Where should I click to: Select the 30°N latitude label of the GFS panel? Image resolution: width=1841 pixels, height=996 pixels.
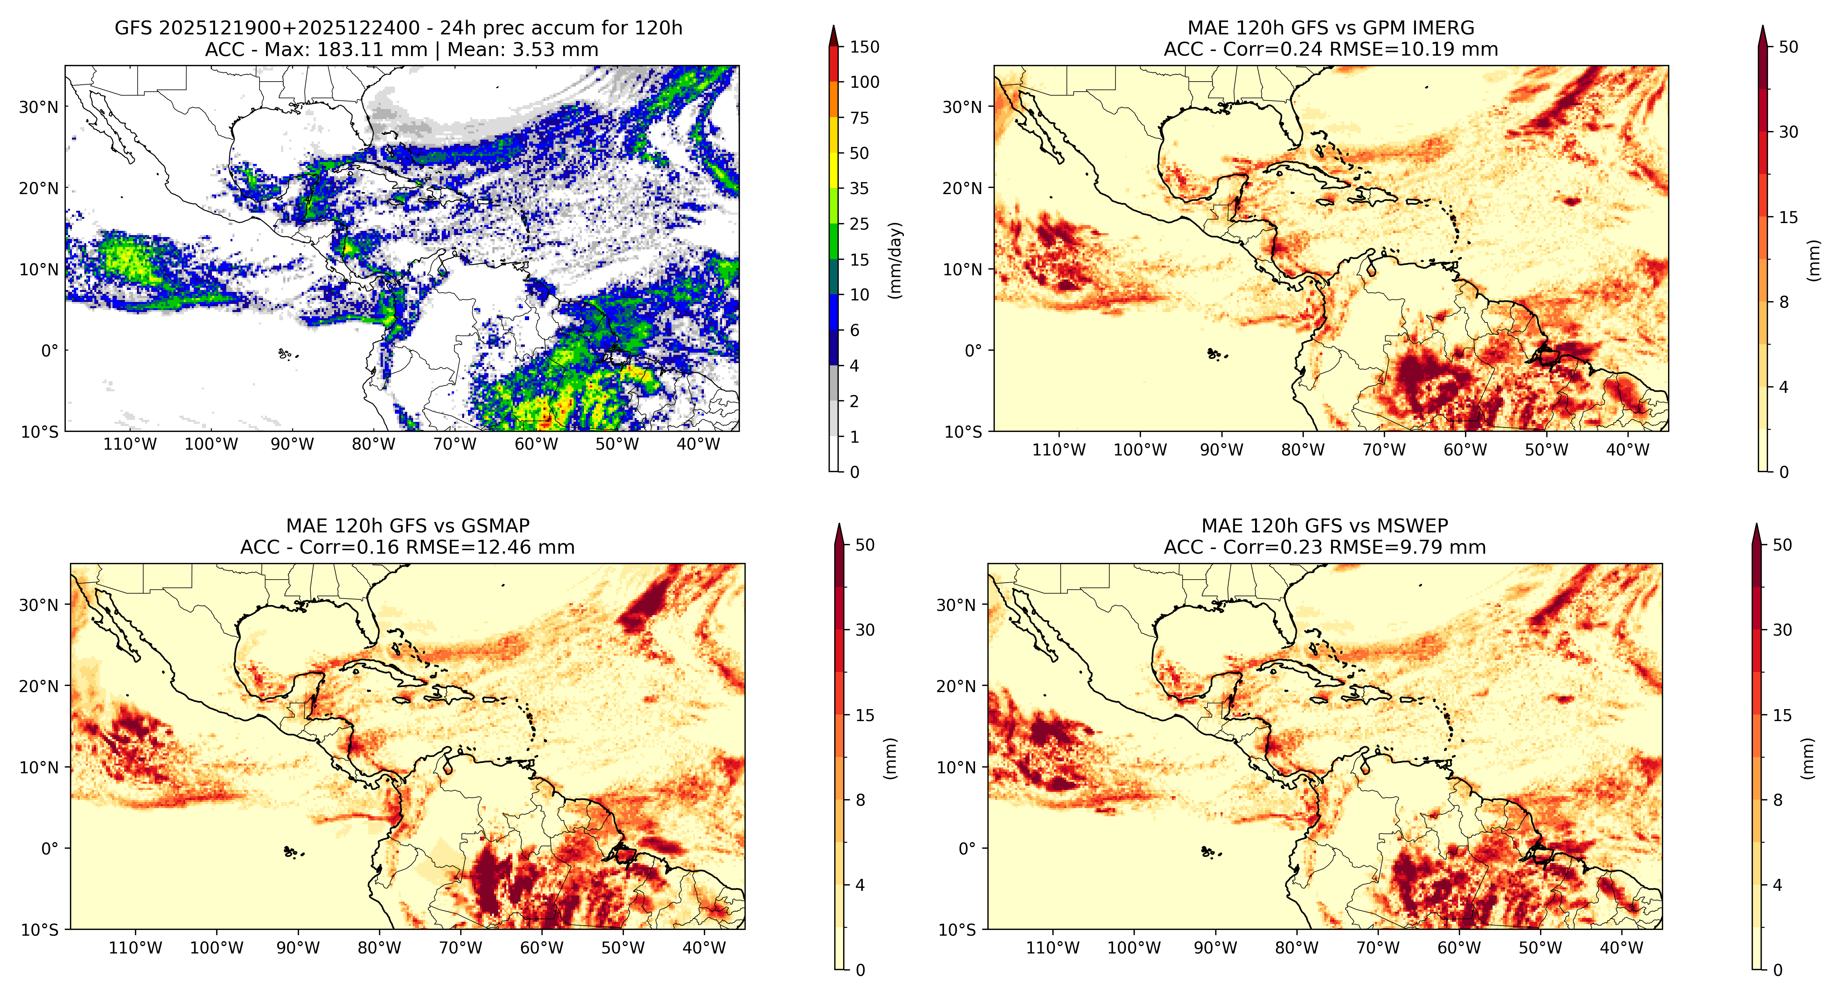point(39,107)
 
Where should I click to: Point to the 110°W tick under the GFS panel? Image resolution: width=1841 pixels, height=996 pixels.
point(129,444)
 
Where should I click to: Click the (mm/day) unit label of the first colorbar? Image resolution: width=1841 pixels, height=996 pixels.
point(895,260)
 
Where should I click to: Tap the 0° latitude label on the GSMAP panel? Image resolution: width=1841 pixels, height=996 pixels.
point(50,849)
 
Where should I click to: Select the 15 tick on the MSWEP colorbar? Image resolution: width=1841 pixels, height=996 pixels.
point(1782,715)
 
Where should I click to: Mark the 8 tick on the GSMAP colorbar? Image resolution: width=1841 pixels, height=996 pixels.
point(861,800)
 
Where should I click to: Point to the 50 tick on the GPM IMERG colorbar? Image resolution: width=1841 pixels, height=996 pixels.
point(1788,47)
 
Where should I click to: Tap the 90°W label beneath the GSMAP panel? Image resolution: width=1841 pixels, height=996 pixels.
point(298,948)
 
